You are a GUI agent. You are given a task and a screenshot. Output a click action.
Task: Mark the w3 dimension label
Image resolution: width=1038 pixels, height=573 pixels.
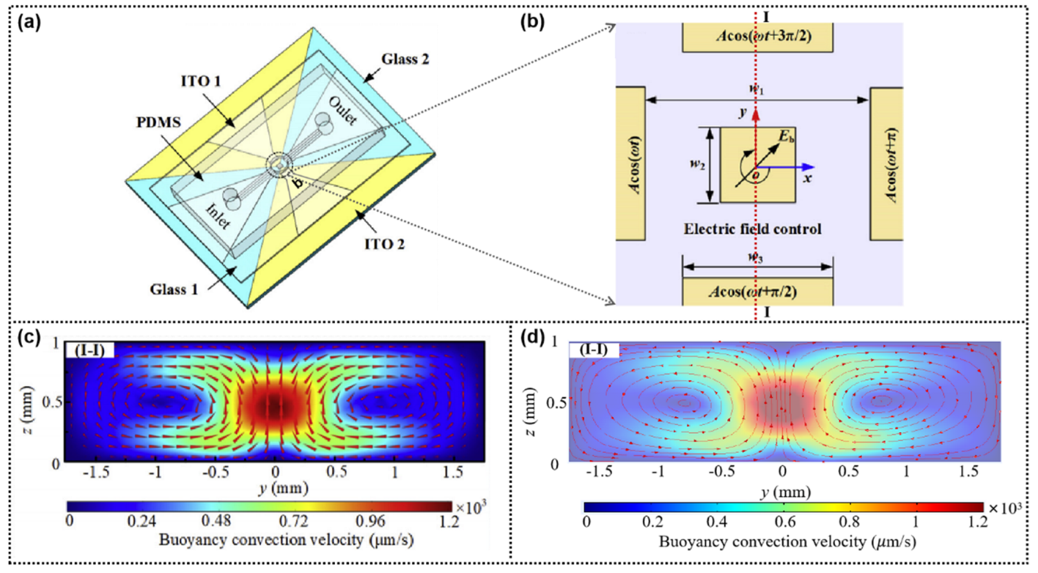pyautogui.click(x=757, y=257)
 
